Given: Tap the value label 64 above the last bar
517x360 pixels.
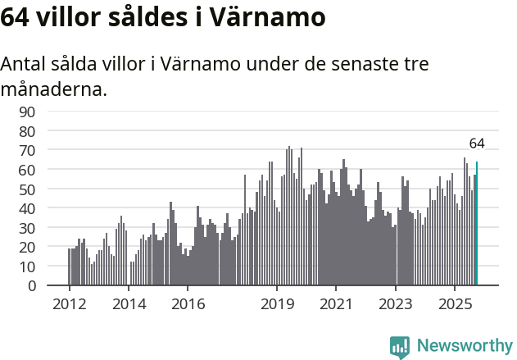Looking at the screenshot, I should click(477, 144).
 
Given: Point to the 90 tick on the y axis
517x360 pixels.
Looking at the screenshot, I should click(28, 112).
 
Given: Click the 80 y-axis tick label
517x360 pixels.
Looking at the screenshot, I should click(28, 131).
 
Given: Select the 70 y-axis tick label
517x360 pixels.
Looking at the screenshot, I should click(28, 150).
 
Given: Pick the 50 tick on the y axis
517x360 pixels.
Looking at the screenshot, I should click(28, 189).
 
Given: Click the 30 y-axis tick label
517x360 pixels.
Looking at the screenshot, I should click(28, 228).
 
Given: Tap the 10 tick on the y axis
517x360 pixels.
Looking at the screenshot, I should click(28, 267).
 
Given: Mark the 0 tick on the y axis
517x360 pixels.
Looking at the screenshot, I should click(31, 286).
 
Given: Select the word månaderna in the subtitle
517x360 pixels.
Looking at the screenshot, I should click(54, 89).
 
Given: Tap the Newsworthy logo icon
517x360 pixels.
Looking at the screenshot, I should click(400, 347).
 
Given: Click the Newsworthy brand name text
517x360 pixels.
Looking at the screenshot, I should click(465, 347).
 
